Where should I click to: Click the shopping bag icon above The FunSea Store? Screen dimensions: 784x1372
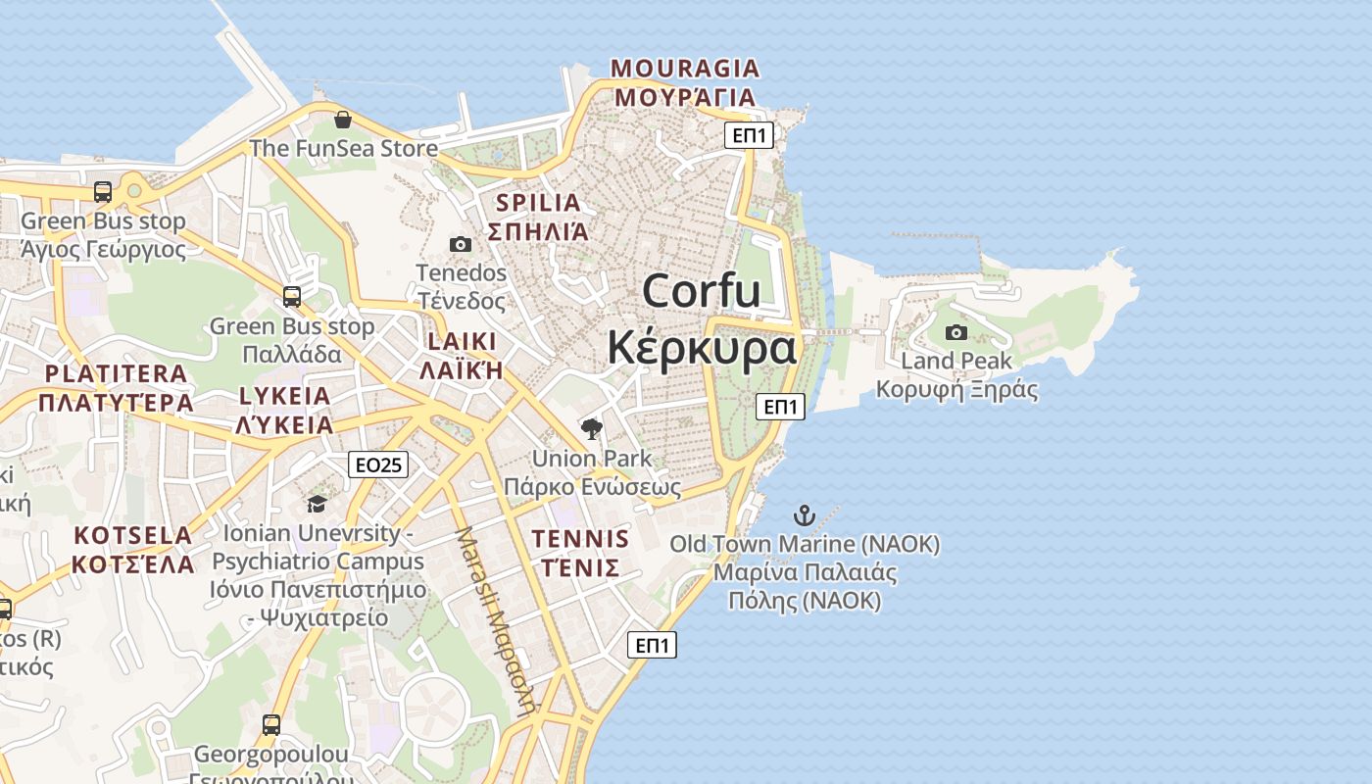point(343,120)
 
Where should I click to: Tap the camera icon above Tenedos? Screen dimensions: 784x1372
point(461,244)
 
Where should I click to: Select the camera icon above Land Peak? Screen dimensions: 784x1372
point(956,333)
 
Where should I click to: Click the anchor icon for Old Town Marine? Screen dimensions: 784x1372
point(805,515)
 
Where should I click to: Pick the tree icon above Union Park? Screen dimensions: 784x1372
point(592,428)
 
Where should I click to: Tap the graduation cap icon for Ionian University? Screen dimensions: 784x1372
point(317,504)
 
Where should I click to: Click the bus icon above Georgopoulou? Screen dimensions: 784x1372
point(271,725)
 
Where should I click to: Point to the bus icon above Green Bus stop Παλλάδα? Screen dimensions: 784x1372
point(292,296)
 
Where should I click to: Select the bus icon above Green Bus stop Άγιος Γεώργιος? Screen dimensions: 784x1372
point(103,191)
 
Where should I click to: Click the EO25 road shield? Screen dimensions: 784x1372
point(378,465)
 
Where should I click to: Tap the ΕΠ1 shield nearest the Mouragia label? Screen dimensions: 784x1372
point(750,135)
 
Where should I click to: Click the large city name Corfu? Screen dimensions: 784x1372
point(702,291)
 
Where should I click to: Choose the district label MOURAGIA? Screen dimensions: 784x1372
point(685,69)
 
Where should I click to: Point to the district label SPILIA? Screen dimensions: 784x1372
point(538,203)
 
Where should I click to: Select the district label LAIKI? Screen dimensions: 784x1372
point(462,342)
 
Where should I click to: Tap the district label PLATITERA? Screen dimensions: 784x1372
point(116,373)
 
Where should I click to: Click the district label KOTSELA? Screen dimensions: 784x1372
point(132,536)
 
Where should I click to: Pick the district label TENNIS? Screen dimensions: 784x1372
point(580,539)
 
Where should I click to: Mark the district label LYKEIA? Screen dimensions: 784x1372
point(285,397)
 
